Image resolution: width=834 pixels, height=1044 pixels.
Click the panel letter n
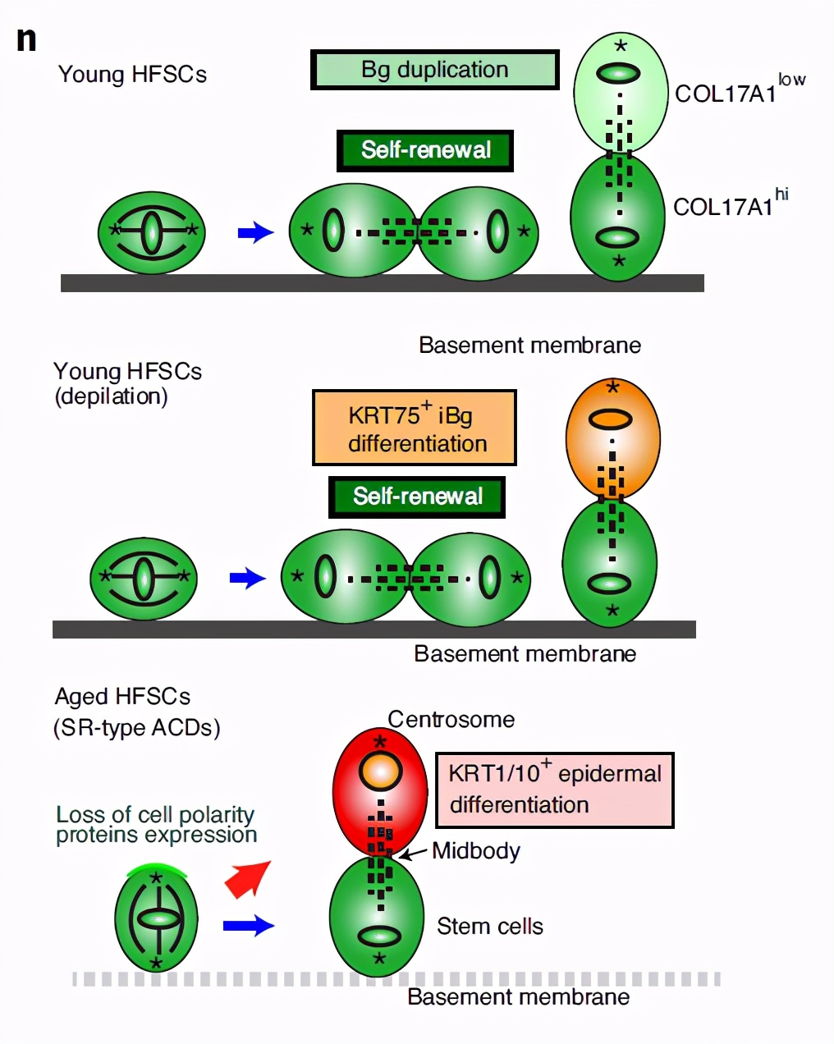point(26,39)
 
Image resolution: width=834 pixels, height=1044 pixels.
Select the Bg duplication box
point(434,70)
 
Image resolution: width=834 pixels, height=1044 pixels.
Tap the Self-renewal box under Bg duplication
point(425,150)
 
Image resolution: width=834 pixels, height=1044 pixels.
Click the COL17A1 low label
point(739,90)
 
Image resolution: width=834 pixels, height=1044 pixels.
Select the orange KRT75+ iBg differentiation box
point(415,428)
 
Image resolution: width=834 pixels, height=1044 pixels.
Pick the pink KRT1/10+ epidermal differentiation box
point(554,790)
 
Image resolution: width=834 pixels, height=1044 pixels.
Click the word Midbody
point(476,850)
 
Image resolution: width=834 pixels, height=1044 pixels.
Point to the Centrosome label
point(451,720)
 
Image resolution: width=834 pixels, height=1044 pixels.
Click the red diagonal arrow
point(248,878)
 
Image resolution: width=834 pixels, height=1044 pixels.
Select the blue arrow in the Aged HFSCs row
point(249,926)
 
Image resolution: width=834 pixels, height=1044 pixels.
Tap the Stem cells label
point(489,927)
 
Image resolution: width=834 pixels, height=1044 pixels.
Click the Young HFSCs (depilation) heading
point(127,383)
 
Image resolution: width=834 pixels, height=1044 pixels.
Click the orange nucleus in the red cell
point(381,772)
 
